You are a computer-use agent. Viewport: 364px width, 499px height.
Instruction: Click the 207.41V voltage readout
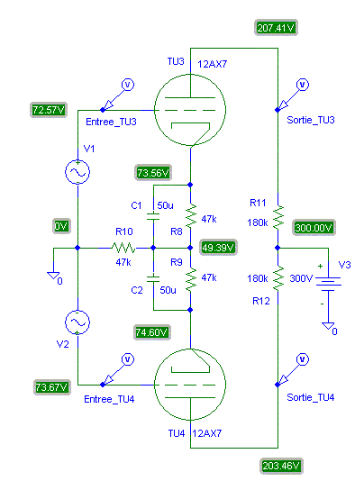(x=276, y=28)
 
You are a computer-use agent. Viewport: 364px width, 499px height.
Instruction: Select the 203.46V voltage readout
(x=281, y=466)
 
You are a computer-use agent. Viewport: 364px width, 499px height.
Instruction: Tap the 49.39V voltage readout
(x=218, y=248)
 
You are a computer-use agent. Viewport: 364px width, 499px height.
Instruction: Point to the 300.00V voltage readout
(x=314, y=228)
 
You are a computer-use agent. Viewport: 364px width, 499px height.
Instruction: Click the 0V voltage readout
(x=61, y=226)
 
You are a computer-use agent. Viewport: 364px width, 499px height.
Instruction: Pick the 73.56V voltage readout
(x=153, y=173)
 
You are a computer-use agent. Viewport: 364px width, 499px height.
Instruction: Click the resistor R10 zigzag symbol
(x=123, y=248)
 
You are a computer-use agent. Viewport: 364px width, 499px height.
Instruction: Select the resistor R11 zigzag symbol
(x=278, y=217)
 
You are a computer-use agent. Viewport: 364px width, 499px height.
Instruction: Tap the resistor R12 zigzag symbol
(x=278, y=278)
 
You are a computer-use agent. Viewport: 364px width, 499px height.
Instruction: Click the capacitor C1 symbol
(x=153, y=216)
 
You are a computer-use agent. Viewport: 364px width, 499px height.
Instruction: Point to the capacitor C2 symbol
(x=153, y=279)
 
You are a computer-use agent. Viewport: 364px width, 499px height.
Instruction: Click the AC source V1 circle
(x=77, y=172)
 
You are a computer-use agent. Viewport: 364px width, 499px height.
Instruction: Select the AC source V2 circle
(x=77, y=322)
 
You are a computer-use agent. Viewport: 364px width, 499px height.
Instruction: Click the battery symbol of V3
(x=328, y=284)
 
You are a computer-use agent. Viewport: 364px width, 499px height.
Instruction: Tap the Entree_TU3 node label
(x=111, y=122)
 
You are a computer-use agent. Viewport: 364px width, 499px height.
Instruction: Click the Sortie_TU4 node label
(x=311, y=397)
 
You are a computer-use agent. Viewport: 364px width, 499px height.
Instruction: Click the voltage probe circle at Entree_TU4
(x=128, y=359)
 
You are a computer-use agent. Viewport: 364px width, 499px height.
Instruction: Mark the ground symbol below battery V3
(x=328, y=327)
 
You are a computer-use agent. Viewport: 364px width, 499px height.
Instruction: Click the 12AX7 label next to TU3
(x=213, y=64)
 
